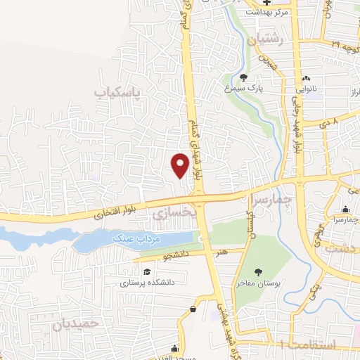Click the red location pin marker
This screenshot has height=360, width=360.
pyautogui.click(x=181, y=165)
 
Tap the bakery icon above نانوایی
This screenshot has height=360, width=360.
pyautogui.click(x=304, y=78)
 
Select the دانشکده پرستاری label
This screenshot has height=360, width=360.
pyautogui.click(x=147, y=283)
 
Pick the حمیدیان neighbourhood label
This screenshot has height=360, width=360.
pyautogui.click(x=72, y=325)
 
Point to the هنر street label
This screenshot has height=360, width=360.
pyautogui.click(x=222, y=250)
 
